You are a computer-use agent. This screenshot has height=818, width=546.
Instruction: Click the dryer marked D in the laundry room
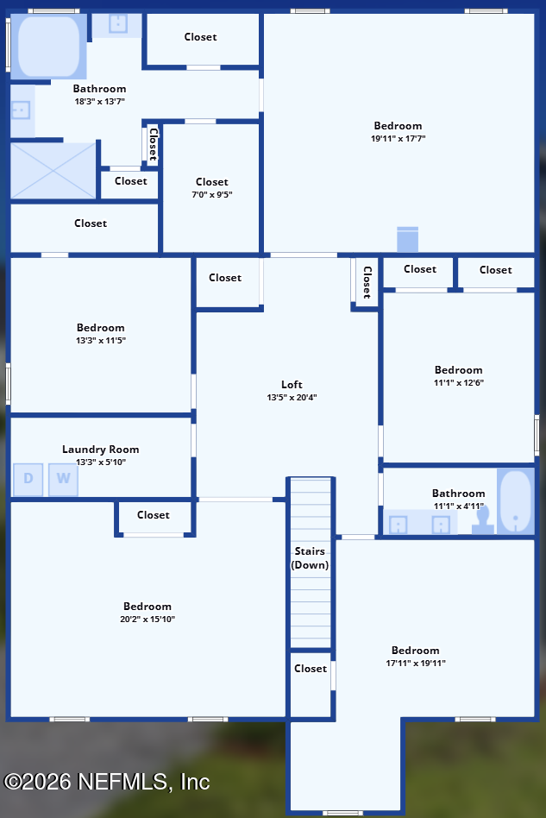tap(28, 479)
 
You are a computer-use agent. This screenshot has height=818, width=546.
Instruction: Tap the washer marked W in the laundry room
tap(63, 479)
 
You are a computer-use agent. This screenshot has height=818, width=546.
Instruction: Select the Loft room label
tap(292, 385)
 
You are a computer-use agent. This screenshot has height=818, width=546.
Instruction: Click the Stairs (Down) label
tap(310, 557)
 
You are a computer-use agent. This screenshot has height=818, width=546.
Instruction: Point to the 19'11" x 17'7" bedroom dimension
tap(398, 138)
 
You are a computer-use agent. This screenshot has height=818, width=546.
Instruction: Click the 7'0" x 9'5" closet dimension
tap(211, 195)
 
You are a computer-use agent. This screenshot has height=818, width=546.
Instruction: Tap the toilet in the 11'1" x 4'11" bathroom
tap(483, 520)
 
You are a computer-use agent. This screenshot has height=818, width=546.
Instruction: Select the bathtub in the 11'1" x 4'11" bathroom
tap(515, 501)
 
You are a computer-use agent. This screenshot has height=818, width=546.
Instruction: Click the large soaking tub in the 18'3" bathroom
tap(48, 47)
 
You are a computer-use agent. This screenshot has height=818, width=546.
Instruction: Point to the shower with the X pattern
tap(53, 171)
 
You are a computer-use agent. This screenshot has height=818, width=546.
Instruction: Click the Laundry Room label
tap(101, 450)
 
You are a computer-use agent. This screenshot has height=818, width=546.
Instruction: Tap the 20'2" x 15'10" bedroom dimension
tap(147, 620)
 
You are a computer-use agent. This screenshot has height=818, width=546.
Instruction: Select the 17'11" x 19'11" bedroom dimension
tap(416, 663)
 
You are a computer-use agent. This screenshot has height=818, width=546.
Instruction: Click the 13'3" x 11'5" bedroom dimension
tap(101, 340)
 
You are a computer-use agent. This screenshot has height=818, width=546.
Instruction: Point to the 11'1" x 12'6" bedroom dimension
tap(458, 382)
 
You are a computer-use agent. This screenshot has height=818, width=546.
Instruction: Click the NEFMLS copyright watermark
tap(106, 782)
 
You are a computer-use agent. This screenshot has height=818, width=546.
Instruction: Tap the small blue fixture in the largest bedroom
tap(407, 240)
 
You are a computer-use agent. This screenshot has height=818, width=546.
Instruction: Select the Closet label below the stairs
tap(311, 668)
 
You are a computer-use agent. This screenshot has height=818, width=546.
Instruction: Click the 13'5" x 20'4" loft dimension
tap(292, 398)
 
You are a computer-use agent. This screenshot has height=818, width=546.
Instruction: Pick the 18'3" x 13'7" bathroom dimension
tap(99, 101)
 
